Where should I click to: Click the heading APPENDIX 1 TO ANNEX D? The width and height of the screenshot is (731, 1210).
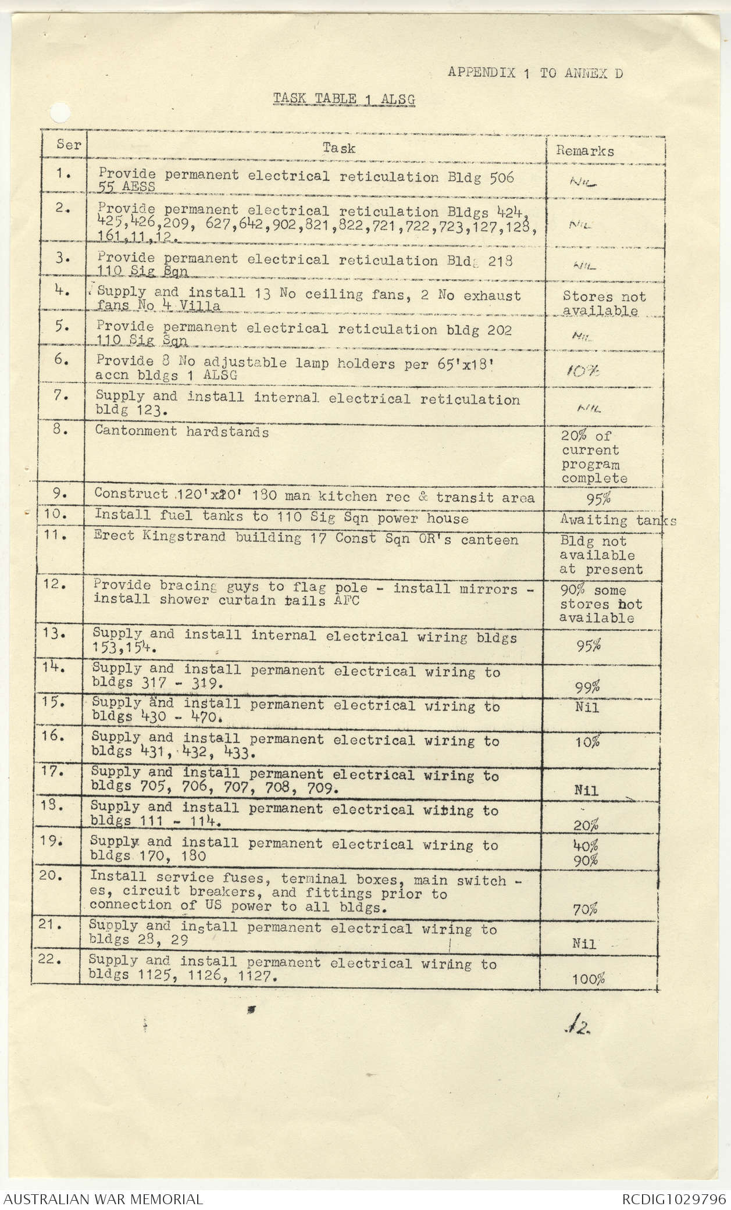click(535, 73)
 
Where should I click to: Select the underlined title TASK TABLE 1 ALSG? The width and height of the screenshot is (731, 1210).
click(344, 99)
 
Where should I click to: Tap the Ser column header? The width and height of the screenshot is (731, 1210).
click(68, 145)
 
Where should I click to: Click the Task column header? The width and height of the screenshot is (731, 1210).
click(339, 148)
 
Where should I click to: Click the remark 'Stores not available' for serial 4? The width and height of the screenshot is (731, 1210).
click(603, 304)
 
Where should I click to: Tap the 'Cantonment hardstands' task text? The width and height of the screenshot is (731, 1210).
click(182, 431)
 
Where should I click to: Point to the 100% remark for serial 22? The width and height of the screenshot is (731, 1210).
click(588, 979)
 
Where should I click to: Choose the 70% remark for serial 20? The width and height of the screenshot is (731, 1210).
click(585, 909)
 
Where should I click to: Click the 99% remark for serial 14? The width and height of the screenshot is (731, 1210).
click(587, 687)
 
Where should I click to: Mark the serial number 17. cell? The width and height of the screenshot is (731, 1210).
click(55, 773)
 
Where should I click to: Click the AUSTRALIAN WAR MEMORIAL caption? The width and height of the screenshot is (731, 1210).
click(103, 1199)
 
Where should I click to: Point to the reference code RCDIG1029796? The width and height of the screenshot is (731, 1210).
click(673, 1199)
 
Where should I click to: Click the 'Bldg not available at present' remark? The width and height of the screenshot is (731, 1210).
click(601, 555)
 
